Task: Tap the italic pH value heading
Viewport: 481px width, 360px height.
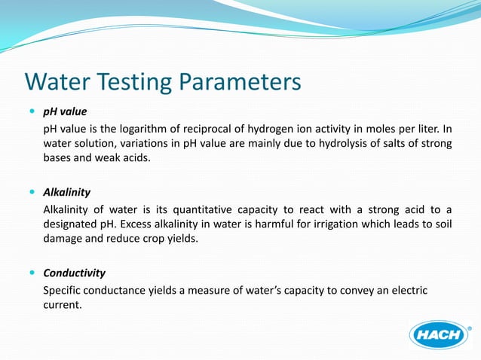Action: (x=65, y=112)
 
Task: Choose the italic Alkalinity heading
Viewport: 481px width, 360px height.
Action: (x=67, y=192)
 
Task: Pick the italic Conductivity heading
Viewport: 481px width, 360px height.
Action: (x=74, y=273)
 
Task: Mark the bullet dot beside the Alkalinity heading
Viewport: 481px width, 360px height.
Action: (x=31, y=192)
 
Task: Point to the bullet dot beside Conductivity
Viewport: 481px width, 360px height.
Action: (x=31, y=273)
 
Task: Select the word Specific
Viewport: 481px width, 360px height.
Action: (x=65, y=290)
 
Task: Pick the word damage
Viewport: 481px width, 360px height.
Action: (x=66, y=239)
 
